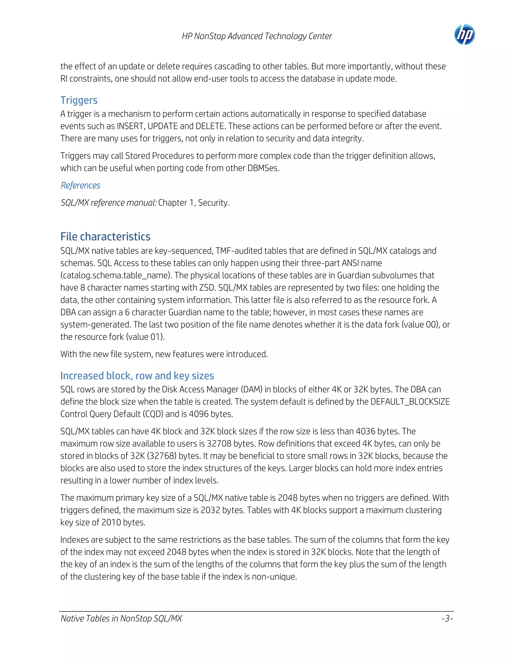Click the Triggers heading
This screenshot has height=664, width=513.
[x=79, y=100]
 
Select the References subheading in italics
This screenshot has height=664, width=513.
[x=81, y=185]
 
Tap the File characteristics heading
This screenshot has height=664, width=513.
[x=105, y=237]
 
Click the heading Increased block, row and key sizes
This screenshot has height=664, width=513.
[x=137, y=376]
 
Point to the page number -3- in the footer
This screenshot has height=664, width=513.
[x=447, y=618]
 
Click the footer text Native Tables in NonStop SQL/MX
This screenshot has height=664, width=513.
[x=121, y=618]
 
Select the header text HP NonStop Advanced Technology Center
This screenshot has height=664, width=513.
[x=257, y=36]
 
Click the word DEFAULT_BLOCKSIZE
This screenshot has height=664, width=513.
[x=410, y=402]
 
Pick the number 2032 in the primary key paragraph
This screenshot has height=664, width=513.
[x=210, y=510]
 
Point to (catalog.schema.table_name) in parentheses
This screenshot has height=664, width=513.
[x=116, y=275]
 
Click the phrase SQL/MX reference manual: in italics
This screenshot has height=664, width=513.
[x=108, y=202]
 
